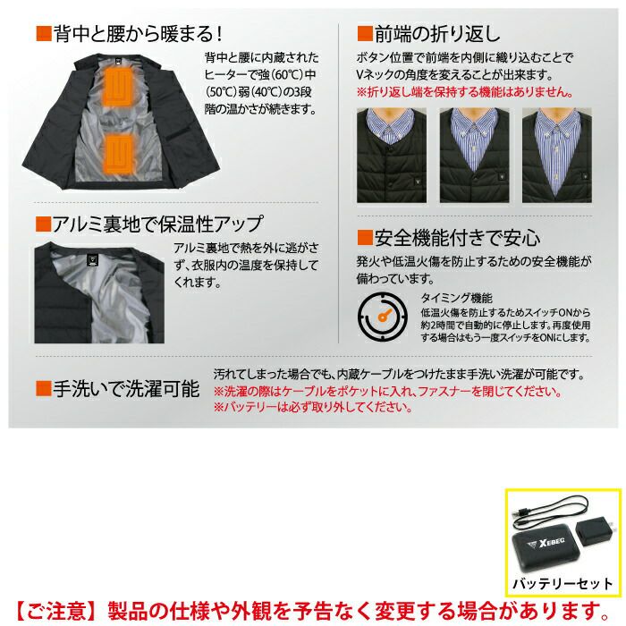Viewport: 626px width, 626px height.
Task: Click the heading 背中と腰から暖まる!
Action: [138, 34]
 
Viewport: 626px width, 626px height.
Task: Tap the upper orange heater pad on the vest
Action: [120, 87]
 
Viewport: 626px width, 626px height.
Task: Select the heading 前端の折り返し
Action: [437, 34]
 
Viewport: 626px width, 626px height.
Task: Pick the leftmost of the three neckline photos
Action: [392, 156]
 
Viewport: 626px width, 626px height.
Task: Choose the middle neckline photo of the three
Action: [474, 156]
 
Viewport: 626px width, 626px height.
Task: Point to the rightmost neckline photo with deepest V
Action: [557, 156]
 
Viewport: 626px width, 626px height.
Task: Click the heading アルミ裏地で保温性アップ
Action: [158, 224]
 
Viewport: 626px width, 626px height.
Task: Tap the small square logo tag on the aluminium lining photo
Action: [92, 260]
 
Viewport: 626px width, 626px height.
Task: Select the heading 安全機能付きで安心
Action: [457, 239]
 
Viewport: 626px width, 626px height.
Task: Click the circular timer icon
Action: [383, 316]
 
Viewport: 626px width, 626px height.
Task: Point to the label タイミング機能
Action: [456, 298]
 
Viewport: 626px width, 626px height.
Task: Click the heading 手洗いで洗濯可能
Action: [126, 389]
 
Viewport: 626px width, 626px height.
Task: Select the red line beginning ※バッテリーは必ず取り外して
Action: [313, 407]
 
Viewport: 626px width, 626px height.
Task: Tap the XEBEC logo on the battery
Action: [546, 543]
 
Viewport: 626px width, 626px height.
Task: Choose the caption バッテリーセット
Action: [563, 584]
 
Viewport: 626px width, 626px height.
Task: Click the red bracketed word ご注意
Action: [56, 611]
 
